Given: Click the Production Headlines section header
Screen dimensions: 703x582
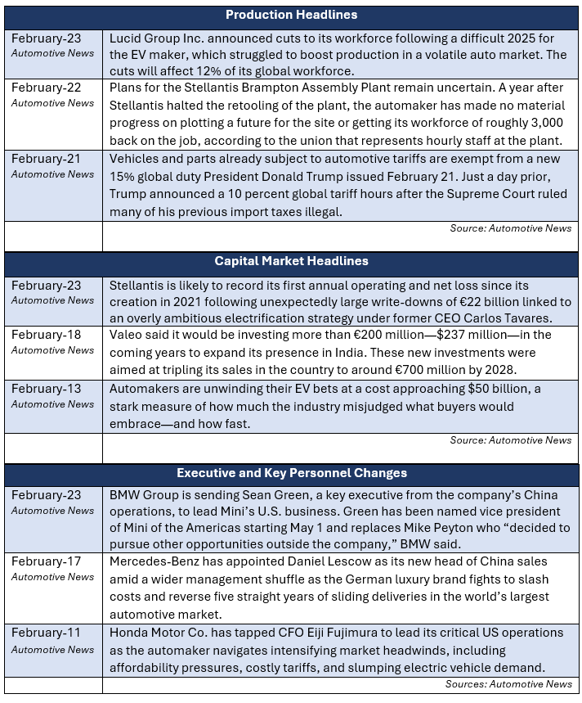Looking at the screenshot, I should [x=291, y=15].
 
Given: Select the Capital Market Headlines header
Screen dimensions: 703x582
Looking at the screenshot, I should [x=291, y=261].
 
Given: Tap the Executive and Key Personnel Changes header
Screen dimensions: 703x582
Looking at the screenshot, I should [x=291, y=473].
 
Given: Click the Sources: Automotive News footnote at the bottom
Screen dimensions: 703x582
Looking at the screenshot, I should [x=508, y=683].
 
